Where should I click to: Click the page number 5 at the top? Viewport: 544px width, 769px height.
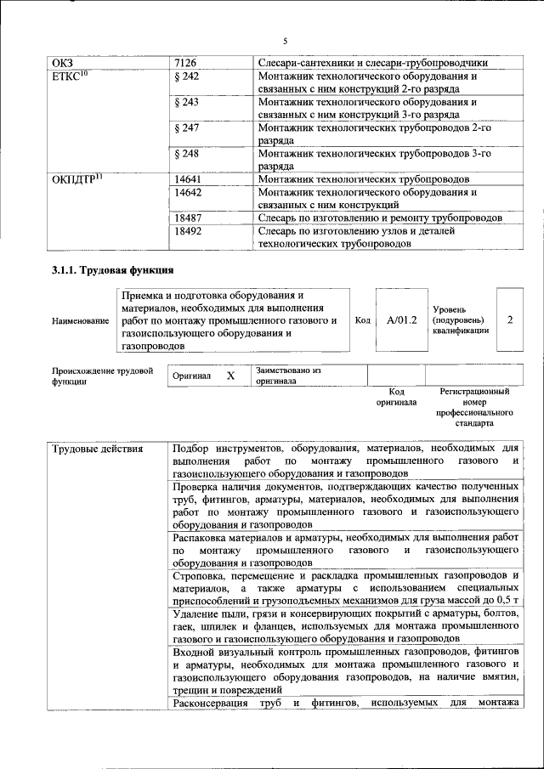tap(286, 41)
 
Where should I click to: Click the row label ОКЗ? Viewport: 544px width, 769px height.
tap(64, 63)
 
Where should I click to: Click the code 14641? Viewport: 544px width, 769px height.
tap(188, 180)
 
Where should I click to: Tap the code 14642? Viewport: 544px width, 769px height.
tap(188, 193)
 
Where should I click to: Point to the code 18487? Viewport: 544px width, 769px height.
tap(188, 218)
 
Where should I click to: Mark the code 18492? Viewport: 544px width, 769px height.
tap(188, 231)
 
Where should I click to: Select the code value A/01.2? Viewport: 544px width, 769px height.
tap(401, 320)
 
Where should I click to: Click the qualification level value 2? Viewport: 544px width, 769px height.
tap(509, 320)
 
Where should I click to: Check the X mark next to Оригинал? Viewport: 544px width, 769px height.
tap(230, 375)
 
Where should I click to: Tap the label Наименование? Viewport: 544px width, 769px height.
tap(80, 321)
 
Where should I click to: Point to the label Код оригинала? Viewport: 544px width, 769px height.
tap(396, 397)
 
